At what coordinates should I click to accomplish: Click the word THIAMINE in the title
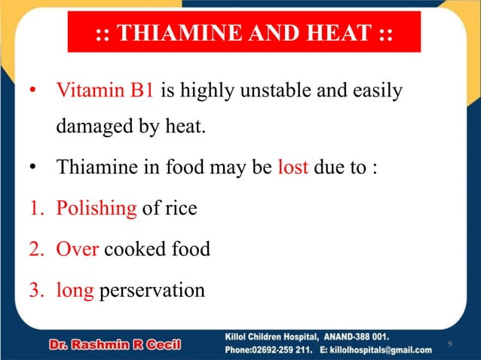pyautogui.click(x=176, y=35)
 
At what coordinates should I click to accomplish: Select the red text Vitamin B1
pyautogui.click(x=106, y=92)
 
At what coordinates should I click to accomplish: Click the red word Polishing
pyautogui.click(x=97, y=208)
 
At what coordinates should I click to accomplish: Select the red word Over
pyautogui.click(x=78, y=249)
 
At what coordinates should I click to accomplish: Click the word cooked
pyautogui.click(x=135, y=249)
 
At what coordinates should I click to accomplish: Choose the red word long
pyautogui.click(x=75, y=290)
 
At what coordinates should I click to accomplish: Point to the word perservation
pyautogui.click(x=152, y=290)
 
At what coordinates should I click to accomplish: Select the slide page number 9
pyautogui.click(x=449, y=344)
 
